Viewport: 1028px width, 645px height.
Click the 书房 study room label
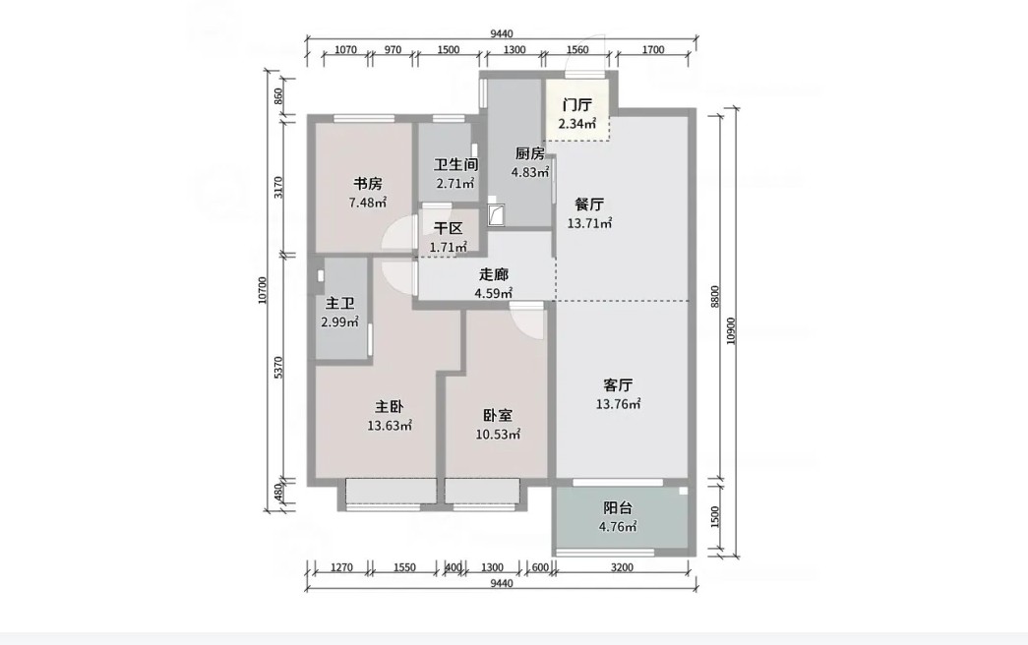[368, 184]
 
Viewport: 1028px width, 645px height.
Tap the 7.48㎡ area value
[368, 203]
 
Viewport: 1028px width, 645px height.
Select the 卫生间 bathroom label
[455, 165]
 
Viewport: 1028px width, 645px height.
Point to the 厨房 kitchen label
[529, 154]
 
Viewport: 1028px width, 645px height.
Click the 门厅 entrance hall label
[577, 105]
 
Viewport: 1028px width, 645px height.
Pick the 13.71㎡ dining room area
[589, 223]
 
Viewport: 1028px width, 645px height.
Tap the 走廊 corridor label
[494, 274]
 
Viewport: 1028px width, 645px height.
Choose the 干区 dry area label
[449, 229]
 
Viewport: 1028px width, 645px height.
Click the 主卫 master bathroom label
[340, 304]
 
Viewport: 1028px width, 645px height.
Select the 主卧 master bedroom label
[390, 407]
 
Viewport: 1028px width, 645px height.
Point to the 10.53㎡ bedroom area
[499, 435]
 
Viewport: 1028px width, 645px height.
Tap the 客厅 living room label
[618, 384]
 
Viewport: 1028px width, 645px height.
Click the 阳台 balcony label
[618, 508]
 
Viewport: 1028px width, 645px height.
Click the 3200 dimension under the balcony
[622, 567]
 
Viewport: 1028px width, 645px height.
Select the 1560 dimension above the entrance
[576, 50]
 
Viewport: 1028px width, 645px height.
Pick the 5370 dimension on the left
[278, 368]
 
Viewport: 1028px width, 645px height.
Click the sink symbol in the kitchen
[497, 212]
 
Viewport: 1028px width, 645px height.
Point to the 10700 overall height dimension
[263, 290]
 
